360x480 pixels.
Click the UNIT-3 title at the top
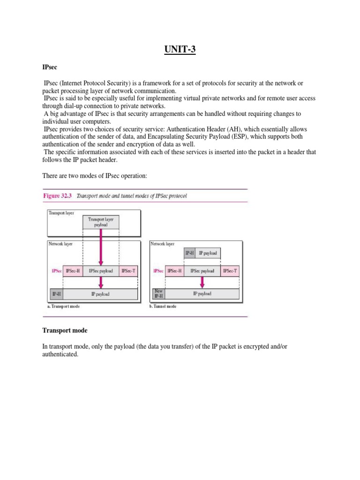tap(180, 49)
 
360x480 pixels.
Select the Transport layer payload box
tap(101, 222)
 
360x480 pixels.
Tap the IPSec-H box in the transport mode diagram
tap(73, 271)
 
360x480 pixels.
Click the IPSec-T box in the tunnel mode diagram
tap(230, 271)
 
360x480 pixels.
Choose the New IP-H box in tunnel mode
tap(158, 294)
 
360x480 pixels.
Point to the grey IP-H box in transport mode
tap(56, 294)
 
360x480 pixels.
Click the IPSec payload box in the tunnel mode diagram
tap(202, 271)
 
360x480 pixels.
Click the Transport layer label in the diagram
tap(61, 212)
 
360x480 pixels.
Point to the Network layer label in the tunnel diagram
tap(163, 244)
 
